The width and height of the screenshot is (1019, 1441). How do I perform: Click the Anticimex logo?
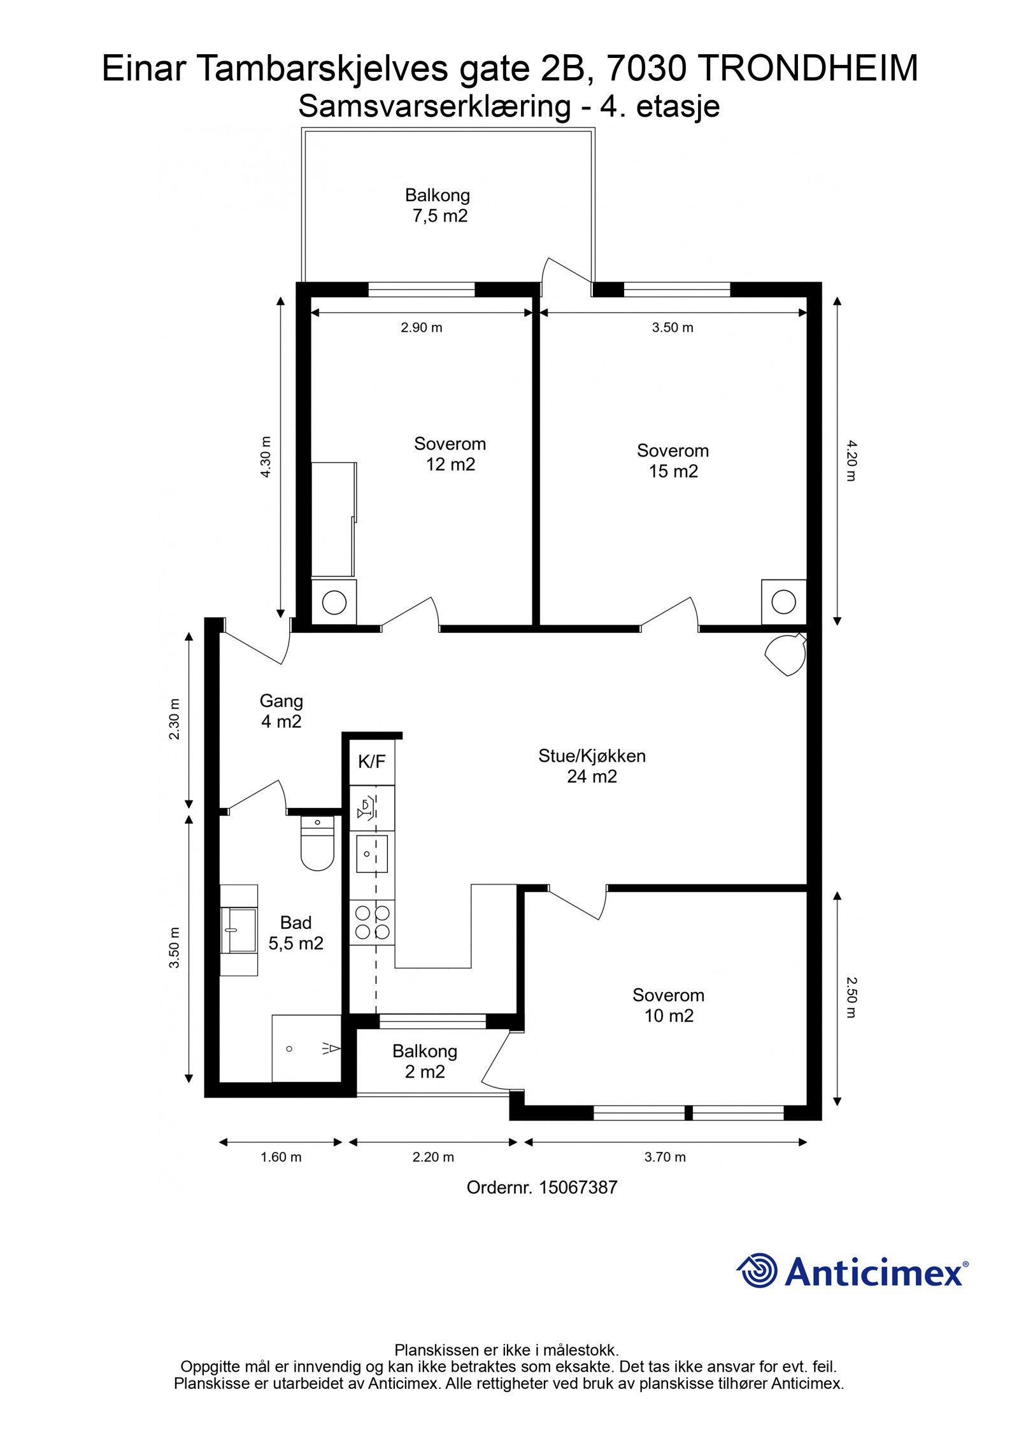[x=852, y=1271]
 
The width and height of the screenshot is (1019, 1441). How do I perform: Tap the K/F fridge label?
[x=372, y=761]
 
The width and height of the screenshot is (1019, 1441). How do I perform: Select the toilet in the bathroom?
[x=317, y=842]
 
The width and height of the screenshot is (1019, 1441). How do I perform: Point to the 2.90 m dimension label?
[x=422, y=328]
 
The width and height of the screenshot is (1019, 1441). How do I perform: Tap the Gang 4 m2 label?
[x=281, y=711]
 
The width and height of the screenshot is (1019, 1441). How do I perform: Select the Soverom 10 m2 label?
[x=668, y=1005]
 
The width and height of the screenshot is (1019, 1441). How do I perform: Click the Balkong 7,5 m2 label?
[x=438, y=205]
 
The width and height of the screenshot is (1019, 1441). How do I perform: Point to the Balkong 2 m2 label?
[x=425, y=1061]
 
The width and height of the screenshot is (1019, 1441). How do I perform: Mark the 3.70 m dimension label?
[x=665, y=1157]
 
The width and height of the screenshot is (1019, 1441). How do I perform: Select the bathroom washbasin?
[x=239, y=930]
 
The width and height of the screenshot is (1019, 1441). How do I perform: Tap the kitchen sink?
[x=372, y=853]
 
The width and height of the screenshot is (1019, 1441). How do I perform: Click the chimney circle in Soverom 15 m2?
[x=783, y=601]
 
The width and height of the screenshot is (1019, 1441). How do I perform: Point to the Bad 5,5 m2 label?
[x=296, y=932]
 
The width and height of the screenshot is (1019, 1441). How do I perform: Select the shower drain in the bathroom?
[x=289, y=1048]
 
